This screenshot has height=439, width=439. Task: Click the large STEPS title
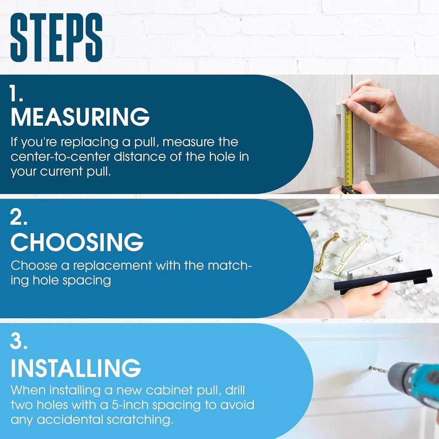click(x=56, y=37)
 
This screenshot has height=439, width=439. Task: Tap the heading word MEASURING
click(x=80, y=117)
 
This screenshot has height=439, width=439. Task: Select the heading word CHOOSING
click(x=77, y=242)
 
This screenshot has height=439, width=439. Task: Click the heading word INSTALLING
click(x=75, y=368)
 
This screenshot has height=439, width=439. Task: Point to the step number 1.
click(x=16, y=93)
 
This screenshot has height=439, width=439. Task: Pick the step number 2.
click(x=18, y=217)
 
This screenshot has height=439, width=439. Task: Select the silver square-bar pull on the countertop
click(x=375, y=265)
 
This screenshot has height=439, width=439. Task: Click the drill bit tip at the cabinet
click(x=370, y=367)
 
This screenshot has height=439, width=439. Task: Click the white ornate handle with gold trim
click(x=349, y=255)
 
